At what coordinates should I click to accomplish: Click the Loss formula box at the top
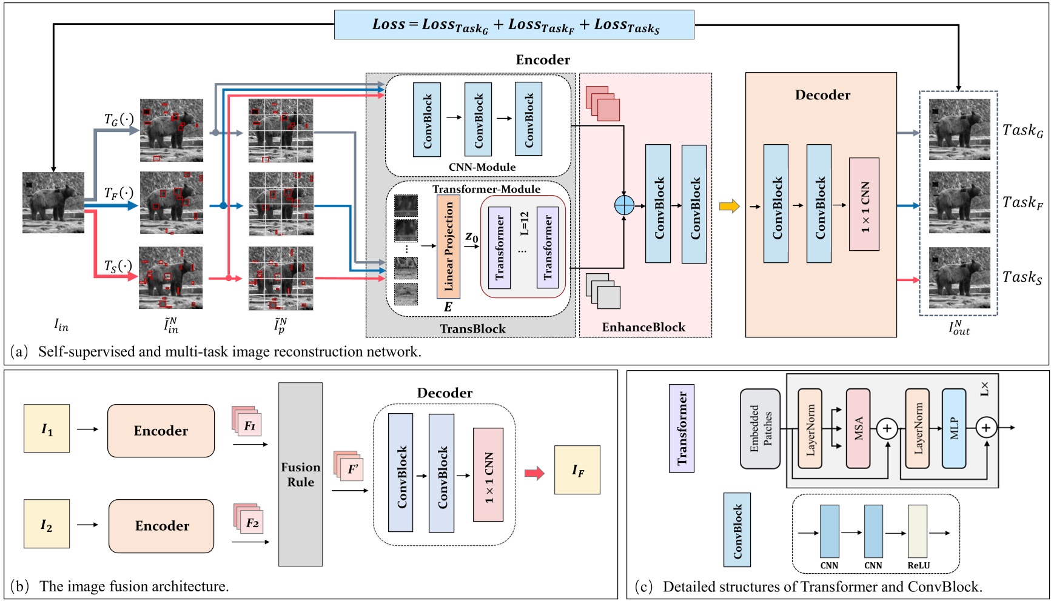pos(514,25)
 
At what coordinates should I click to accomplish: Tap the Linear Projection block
pos(448,247)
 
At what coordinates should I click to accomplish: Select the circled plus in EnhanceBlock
pos(624,205)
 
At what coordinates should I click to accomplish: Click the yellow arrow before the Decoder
pos(729,206)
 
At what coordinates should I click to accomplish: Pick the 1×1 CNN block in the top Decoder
pos(864,204)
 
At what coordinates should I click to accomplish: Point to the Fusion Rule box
pos(300,474)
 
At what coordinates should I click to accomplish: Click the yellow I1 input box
pos(47,428)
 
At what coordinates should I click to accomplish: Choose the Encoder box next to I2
pos(161,526)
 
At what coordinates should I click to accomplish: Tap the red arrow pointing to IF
pos(534,473)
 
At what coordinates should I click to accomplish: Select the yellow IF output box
pos(577,470)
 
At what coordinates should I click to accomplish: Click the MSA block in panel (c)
pos(858,428)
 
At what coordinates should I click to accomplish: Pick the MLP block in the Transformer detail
pos(953,428)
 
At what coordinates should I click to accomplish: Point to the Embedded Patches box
pos(760,428)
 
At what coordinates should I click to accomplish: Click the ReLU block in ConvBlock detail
pos(918,531)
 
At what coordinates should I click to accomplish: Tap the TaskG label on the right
pos(1022,130)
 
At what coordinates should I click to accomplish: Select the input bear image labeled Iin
pos(53,202)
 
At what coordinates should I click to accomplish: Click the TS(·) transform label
pos(118,266)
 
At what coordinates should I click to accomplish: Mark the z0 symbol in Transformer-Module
pos(471,237)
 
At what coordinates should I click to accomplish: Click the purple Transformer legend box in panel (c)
pos(682,428)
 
